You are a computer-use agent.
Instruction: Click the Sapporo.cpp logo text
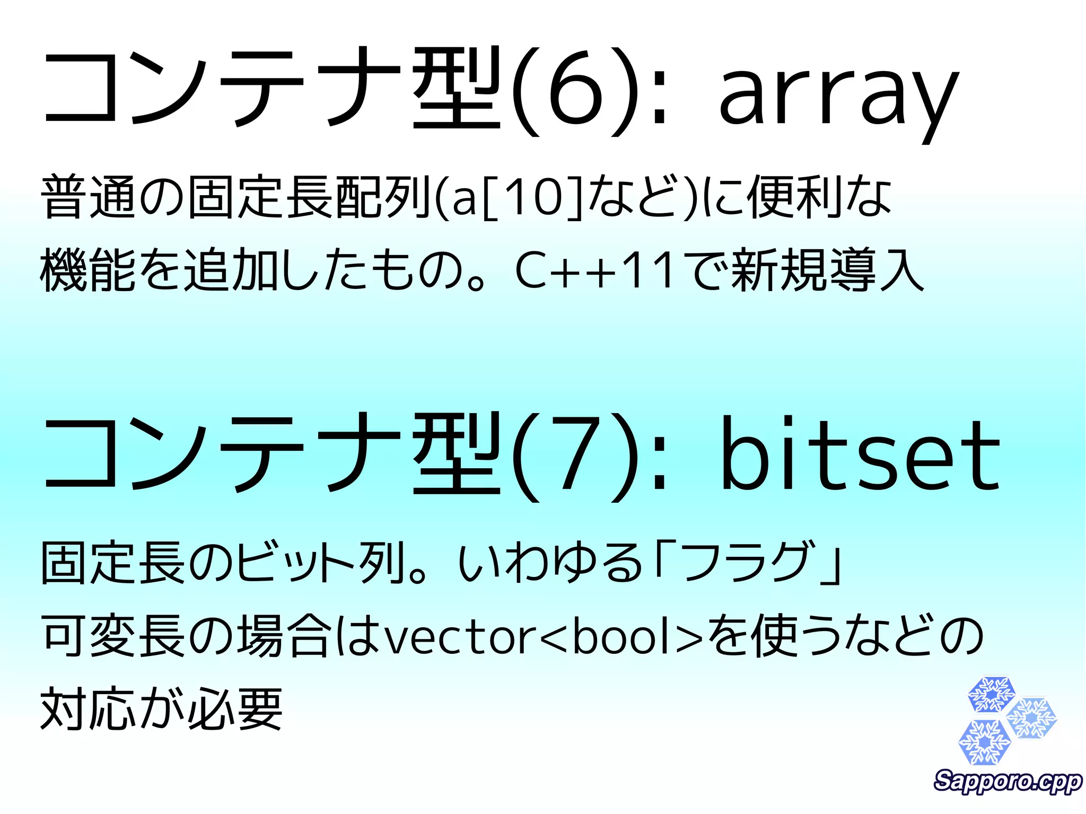coord(1008,781)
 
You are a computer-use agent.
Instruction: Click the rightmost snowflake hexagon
coord(1031,719)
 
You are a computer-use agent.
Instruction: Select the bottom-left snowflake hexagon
coord(984,742)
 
